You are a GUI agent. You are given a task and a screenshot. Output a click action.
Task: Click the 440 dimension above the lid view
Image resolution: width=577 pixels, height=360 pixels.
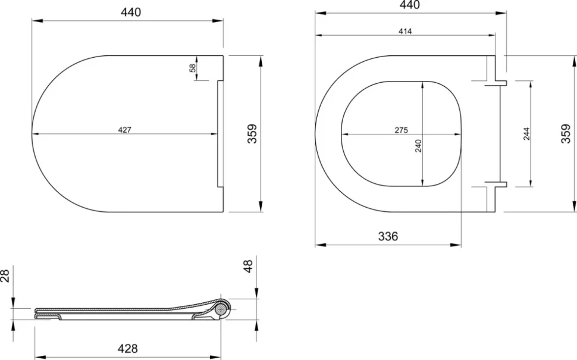(x=131, y=12)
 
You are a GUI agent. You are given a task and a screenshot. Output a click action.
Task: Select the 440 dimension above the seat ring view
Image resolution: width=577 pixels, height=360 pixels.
(x=410, y=5)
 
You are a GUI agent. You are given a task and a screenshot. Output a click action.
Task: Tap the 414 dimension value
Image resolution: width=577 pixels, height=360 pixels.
(x=405, y=32)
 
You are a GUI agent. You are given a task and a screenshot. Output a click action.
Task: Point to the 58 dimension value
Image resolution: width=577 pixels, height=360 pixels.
(x=193, y=68)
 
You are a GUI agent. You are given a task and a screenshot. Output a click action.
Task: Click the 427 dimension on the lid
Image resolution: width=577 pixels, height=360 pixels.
(x=124, y=130)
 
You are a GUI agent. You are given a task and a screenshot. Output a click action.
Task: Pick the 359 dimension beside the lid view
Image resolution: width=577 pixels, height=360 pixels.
(x=252, y=133)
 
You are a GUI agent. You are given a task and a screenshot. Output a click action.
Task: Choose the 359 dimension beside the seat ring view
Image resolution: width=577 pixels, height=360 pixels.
(x=566, y=133)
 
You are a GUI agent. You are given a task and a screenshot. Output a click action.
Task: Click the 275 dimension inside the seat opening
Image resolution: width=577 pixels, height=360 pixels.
(x=401, y=130)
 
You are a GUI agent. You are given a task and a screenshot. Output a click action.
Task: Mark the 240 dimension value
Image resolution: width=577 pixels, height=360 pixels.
(x=418, y=146)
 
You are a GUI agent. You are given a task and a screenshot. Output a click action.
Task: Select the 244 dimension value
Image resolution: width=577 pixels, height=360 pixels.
(x=526, y=134)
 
